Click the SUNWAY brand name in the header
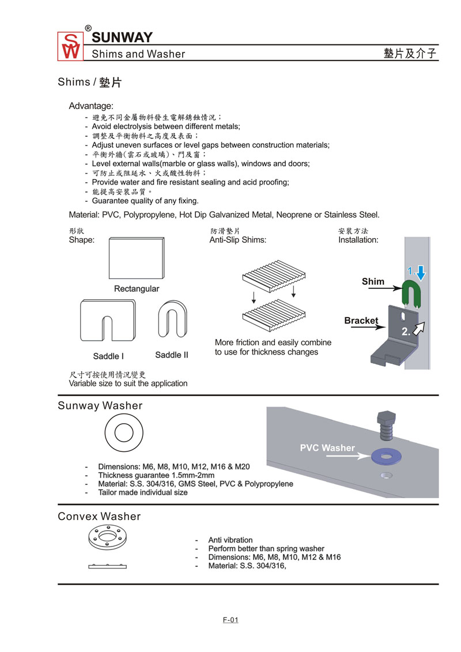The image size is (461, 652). pos(122,37)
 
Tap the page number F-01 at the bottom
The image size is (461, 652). pos(231,620)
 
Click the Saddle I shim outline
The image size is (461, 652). pos(108,322)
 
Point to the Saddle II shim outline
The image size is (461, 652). pos(172,321)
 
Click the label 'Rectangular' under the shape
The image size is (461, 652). pos(137,288)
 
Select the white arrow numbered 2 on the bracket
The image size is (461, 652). pos(419,329)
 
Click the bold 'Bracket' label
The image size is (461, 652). pos(361,321)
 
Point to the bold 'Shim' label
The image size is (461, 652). pos(373,281)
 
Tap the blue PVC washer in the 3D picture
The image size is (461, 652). pos(386,456)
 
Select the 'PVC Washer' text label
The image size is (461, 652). pos(327,447)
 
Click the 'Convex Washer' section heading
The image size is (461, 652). pos(99,516)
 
